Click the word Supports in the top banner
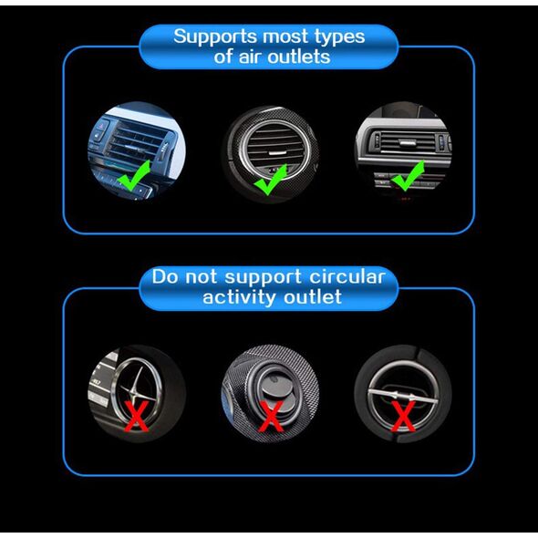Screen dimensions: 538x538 [215, 36]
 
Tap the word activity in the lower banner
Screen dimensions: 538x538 [240, 297]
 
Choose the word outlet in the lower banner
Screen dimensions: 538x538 [313, 296]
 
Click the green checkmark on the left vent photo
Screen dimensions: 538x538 [134, 175]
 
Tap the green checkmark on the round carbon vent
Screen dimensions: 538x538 [271, 179]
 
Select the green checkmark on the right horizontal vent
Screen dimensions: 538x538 [408, 176]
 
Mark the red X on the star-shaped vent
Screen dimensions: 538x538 [137, 416]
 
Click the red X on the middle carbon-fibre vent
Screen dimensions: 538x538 [271, 416]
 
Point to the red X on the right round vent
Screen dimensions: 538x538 [403, 416]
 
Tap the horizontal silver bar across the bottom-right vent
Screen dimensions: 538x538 [402, 396]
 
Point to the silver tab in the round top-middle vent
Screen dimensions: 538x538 [276, 152]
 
